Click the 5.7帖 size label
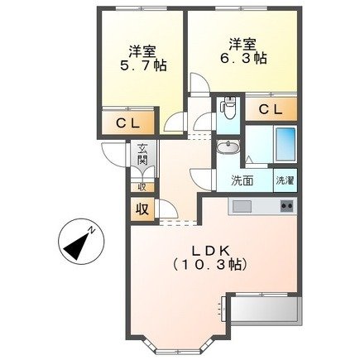(143, 65)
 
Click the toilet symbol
(229, 108)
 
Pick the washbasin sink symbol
(228, 149)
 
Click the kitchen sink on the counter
(242, 205)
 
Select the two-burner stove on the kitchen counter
(286, 205)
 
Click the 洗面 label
(242, 180)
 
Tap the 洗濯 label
(284, 180)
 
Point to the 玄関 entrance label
(142, 155)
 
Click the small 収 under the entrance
(142, 187)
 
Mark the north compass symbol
(80, 242)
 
